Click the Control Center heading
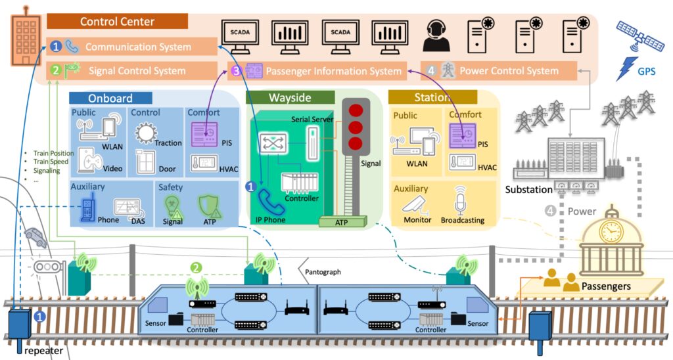117,22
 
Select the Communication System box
131,47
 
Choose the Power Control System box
499,71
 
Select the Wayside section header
289,98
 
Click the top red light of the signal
356,110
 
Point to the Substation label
530,191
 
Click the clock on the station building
611,232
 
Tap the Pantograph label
324,271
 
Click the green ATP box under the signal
342,222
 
